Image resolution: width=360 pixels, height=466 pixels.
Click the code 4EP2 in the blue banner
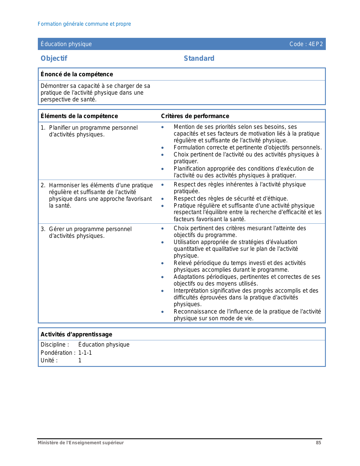point(315,44)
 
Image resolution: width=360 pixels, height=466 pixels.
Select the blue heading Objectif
point(54,58)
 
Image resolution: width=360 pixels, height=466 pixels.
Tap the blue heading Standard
point(199,58)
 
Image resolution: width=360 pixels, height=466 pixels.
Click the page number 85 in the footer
point(318,443)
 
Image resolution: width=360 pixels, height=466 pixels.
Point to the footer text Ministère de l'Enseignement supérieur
point(81,443)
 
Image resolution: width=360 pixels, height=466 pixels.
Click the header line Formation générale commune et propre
point(84,24)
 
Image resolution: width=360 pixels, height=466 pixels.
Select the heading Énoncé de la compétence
point(77,74)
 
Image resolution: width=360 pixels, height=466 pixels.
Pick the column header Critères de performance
point(195,116)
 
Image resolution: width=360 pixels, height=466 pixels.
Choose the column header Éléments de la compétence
point(79,116)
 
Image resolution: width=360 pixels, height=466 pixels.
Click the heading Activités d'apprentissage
point(77,334)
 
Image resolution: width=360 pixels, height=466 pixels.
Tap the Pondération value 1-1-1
point(85,353)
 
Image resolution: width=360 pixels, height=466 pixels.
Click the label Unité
point(49,360)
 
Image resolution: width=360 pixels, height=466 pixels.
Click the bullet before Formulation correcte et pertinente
point(162,148)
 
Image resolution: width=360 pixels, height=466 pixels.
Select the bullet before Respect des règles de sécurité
point(162,199)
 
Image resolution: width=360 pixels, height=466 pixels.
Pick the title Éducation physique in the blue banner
point(66,44)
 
